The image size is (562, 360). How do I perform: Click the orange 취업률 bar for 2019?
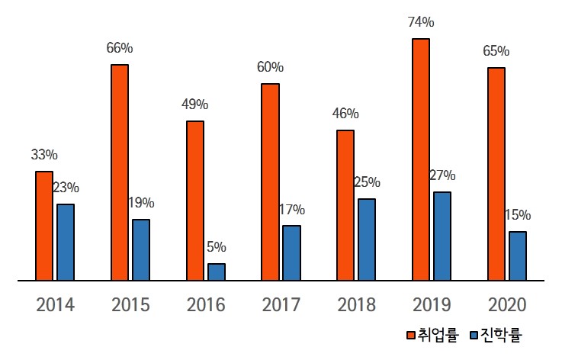coord(421,159)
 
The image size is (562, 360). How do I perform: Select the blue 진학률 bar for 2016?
coord(217,272)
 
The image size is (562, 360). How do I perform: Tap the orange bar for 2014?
coord(44,226)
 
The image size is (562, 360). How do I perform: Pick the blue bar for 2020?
coord(518,256)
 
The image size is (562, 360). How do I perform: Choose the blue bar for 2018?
coord(367,239)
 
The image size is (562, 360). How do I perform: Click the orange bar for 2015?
coord(120,172)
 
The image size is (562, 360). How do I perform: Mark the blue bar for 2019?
coord(442,236)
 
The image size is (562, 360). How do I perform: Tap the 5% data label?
coord(217,247)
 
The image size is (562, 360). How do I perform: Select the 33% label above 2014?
coord(44,155)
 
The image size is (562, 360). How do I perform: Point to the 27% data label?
coord(442,175)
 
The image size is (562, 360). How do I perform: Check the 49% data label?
coord(194,104)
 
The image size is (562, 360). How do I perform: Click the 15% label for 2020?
coord(518,215)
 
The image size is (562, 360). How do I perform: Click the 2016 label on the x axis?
coord(206,305)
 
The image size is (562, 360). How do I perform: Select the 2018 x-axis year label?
coord(356,305)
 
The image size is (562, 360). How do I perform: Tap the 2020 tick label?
coord(507,305)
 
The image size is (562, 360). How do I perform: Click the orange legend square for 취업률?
coord(410,335)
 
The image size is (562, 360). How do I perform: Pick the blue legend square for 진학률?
coord(473,335)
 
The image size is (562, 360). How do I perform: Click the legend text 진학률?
coord(500,335)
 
